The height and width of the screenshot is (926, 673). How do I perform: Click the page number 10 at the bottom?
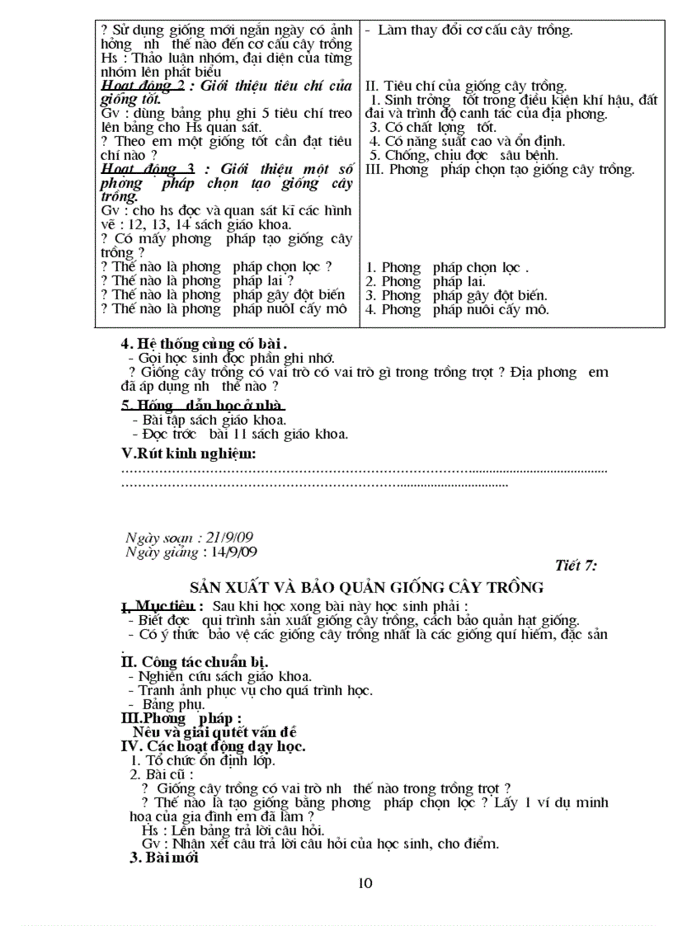coord(366,883)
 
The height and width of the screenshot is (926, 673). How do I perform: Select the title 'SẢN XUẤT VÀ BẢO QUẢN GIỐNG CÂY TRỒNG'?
coord(366,587)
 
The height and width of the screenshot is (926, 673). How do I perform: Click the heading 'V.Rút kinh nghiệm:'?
coord(189,454)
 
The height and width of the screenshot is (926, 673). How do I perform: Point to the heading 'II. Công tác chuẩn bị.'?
coord(194,662)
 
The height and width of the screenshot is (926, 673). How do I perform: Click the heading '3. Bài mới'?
coord(164,857)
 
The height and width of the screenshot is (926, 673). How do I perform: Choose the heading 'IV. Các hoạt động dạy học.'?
coord(214,746)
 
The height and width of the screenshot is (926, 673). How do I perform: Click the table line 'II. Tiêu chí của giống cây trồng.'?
coord(465,86)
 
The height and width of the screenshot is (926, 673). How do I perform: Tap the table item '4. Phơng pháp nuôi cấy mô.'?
coord(457,310)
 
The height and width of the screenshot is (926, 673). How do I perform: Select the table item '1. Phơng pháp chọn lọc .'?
coord(446,267)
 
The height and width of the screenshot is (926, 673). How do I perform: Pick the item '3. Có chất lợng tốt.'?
coord(432,127)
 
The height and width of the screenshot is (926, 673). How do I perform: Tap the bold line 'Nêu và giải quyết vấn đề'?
coord(214,731)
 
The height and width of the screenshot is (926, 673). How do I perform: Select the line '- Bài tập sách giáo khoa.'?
coord(209,420)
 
